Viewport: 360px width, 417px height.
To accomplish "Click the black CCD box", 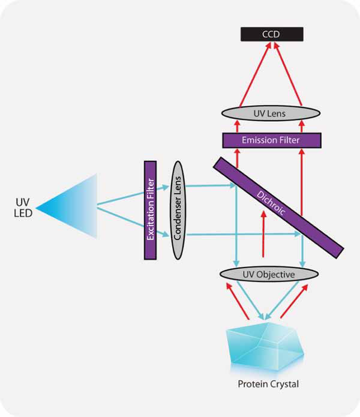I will click(x=270, y=34).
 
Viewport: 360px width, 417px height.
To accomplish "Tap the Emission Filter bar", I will click(x=271, y=140).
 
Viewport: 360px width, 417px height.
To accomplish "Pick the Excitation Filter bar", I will click(x=150, y=209).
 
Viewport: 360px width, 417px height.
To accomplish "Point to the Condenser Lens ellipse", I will click(x=177, y=209).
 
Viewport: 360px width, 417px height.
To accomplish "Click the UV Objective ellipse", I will click(x=268, y=274).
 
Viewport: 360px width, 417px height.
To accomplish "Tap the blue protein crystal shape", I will click(x=263, y=348).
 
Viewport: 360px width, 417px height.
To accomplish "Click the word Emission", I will click(x=256, y=140).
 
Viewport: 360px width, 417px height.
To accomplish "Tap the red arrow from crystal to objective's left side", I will click(x=237, y=303).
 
